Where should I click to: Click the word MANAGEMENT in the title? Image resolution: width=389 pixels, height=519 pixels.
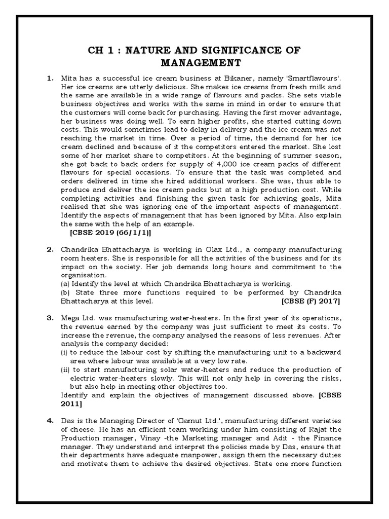(x=194, y=62)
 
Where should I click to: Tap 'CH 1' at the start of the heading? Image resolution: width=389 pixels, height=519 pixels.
(x=101, y=50)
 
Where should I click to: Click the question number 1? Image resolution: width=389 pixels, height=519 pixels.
(x=50, y=79)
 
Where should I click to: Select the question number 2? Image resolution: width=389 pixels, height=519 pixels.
(x=50, y=250)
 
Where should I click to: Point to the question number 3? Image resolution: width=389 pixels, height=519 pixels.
(x=50, y=317)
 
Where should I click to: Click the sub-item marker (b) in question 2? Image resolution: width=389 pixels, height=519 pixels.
(x=65, y=292)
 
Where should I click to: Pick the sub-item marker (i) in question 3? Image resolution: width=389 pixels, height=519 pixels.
(x=64, y=352)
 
